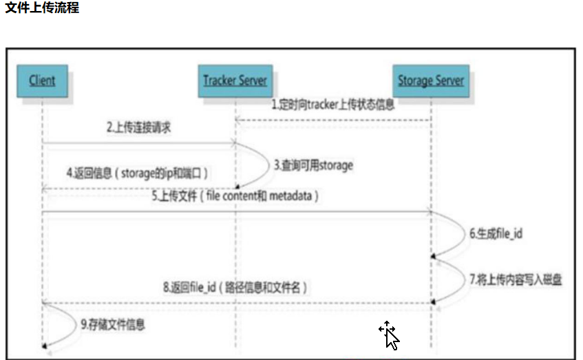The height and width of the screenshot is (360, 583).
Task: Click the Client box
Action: pos(42,81)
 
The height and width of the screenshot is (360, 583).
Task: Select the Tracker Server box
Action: pos(235,81)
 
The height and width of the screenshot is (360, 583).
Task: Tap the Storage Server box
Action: pos(431,81)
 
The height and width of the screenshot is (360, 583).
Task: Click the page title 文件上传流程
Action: pos(42,9)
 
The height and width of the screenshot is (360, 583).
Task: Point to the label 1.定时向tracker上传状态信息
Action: pos(333,105)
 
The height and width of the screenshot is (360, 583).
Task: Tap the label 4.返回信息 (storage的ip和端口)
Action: pos(137,172)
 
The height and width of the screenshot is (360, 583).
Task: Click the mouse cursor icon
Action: pos(389,335)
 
